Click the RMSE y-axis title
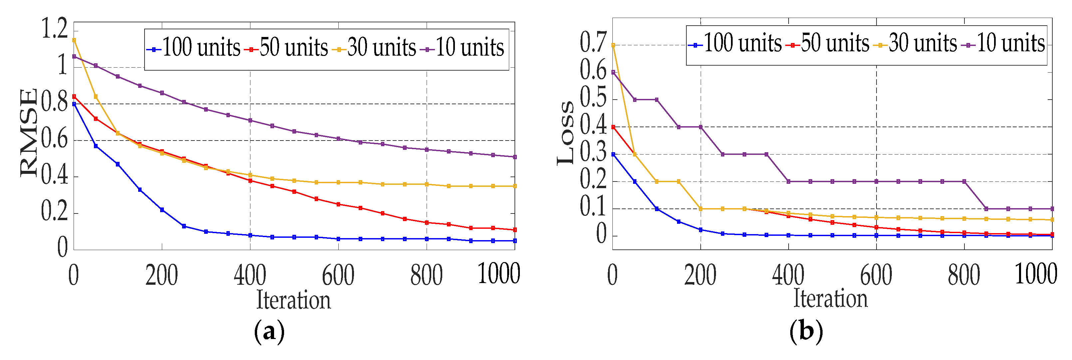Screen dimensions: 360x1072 [x=28, y=132]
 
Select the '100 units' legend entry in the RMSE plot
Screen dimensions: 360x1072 [x=193, y=48]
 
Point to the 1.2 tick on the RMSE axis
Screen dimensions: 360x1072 [x=55, y=29]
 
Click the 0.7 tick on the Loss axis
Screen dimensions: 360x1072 [x=593, y=43]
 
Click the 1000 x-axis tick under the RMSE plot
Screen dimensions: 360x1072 [x=499, y=274]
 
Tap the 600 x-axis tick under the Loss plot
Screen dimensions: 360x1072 [x=876, y=275]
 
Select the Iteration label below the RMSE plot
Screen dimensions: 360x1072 [x=293, y=300]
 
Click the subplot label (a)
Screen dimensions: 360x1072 [x=269, y=331]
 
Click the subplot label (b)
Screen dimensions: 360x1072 [x=806, y=331]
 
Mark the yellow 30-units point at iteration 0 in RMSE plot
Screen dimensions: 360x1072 [x=74, y=40]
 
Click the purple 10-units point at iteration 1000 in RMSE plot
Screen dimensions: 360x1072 [x=515, y=157]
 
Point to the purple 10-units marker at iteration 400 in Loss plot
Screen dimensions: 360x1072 [x=789, y=181]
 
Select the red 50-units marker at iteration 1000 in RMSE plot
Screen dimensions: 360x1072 [x=515, y=230]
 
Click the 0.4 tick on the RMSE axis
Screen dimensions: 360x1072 [x=55, y=176]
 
